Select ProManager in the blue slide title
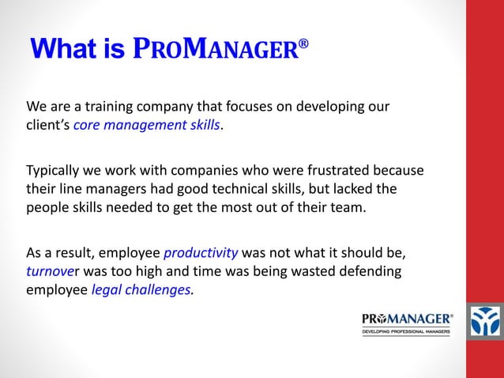216,50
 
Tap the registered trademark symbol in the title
303,46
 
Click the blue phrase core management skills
146,125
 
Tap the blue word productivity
201,253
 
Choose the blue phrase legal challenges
141,290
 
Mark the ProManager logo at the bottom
407,319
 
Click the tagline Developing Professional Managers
407,331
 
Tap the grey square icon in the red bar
485,322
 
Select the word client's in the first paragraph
47,125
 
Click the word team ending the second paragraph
350,208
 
